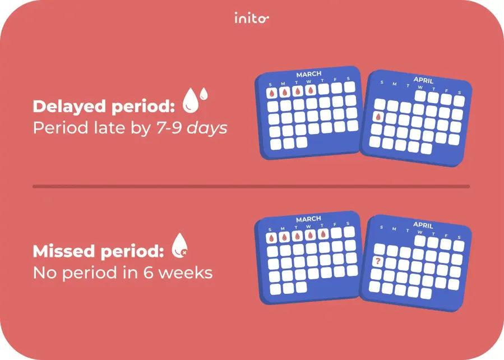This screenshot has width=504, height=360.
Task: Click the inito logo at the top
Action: click(251, 19)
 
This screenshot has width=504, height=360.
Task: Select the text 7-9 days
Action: click(191, 128)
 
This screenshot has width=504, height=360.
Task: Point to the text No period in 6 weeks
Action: click(123, 273)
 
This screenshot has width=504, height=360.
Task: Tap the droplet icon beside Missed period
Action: click(179, 245)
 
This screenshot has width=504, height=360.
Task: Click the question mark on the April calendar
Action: click(378, 261)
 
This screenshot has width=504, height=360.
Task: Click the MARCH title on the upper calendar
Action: click(308, 74)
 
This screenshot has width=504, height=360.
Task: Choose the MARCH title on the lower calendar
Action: click(308, 219)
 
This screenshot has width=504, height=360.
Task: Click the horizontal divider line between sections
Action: click(251, 186)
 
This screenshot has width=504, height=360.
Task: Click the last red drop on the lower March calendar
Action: click(322, 234)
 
